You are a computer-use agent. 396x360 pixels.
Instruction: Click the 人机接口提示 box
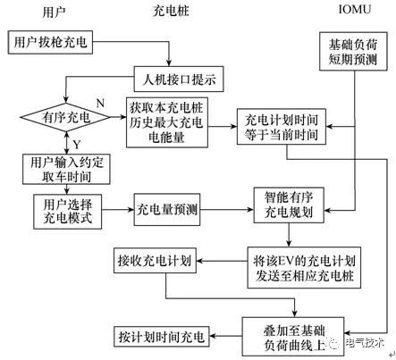(x=176, y=79)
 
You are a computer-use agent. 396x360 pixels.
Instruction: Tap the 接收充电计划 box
(x=154, y=263)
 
